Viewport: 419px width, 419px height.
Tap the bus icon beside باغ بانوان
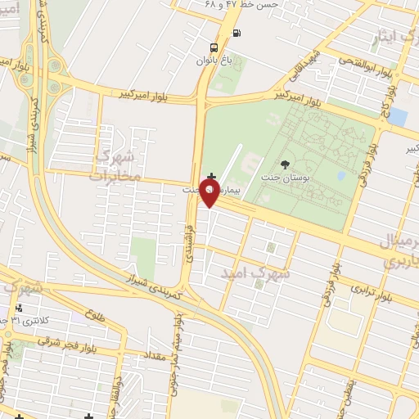[x=214, y=47]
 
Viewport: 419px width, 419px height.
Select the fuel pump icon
[x=237, y=34]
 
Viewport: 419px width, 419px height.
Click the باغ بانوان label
[x=214, y=60]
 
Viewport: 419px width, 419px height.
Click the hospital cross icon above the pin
[x=212, y=177]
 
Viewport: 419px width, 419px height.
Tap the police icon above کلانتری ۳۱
[x=18, y=309]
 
